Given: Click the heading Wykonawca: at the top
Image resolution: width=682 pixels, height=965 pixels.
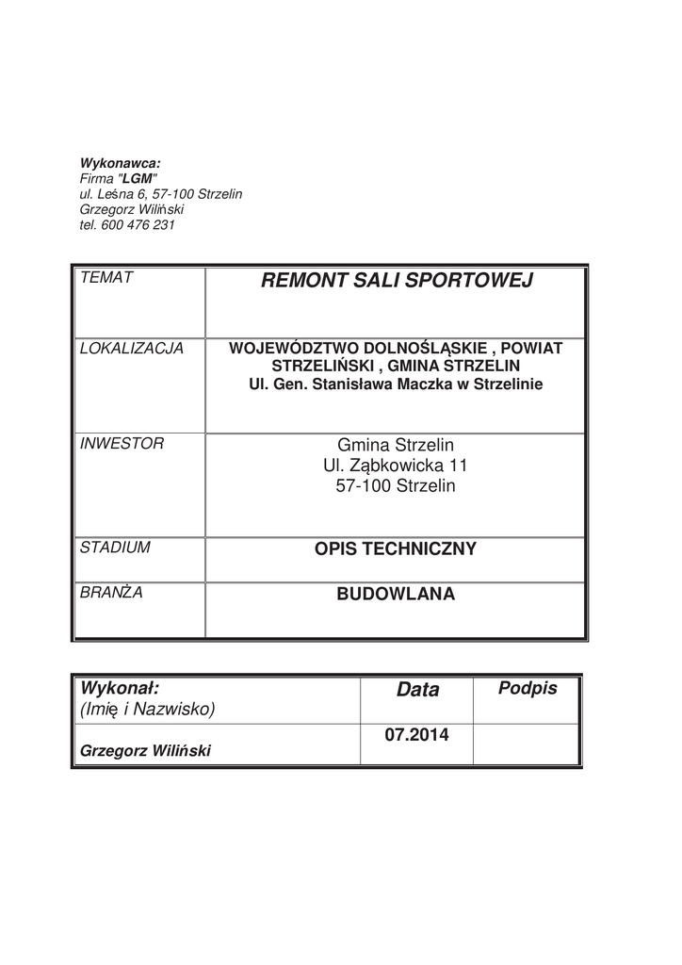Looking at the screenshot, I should pyautogui.click(x=121, y=163).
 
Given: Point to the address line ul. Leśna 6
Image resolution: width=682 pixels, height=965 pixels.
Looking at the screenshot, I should pyautogui.click(x=118, y=194).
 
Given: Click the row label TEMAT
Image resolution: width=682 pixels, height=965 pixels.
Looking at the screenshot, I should pyautogui.click(x=106, y=277).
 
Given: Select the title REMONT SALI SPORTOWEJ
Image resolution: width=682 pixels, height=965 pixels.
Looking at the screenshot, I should pyautogui.click(x=396, y=281).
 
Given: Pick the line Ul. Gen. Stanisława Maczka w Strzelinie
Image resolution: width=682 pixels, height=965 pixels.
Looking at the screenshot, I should pyautogui.click(x=396, y=384).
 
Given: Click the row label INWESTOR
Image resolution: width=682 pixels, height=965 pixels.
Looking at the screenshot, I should pyautogui.click(x=122, y=443).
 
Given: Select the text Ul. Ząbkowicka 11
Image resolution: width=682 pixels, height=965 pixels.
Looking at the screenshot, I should pyautogui.click(x=396, y=466).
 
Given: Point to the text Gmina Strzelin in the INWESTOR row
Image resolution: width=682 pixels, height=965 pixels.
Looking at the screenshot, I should pyautogui.click(x=396, y=444).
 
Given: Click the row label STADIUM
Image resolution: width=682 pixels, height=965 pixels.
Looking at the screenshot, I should pyautogui.click(x=116, y=547).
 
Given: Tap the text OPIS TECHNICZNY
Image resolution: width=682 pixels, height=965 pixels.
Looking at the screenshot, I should pyautogui.click(x=396, y=548).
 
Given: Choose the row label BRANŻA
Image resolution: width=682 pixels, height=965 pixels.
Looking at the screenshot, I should pyautogui.click(x=111, y=593).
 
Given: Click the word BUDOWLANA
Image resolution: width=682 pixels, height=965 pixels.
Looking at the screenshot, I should pyautogui.click(x=396, y=595).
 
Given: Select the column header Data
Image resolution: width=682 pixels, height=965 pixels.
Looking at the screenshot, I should pyautogui.click(x=418, y=690).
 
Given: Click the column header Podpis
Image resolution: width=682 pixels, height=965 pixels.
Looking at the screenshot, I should pyautogui.click(x=528, y=689).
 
